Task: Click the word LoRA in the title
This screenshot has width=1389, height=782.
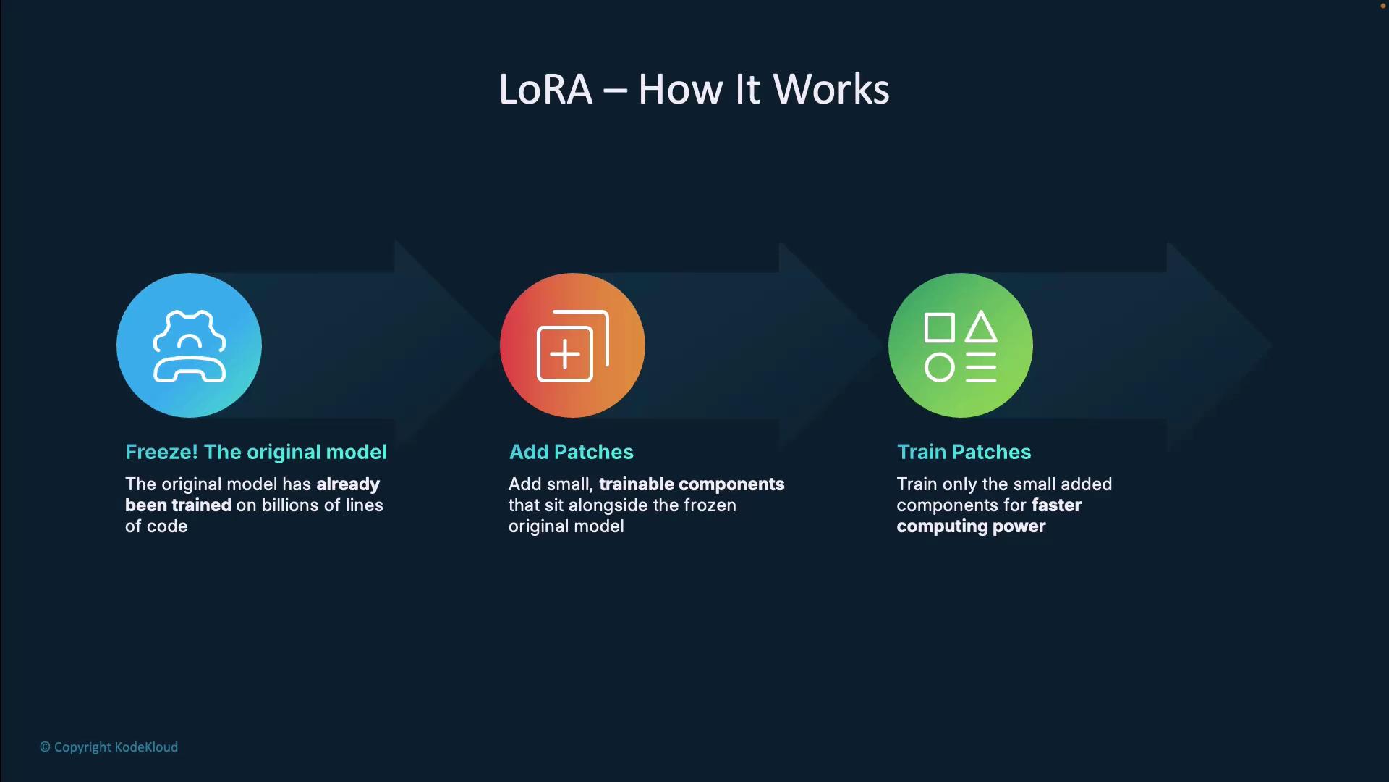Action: tap(545, 90)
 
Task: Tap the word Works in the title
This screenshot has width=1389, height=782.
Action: tap(831, 90)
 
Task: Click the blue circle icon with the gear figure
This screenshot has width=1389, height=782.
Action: tap(189, 345)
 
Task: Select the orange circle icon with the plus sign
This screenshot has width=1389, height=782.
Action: tap(572, 345)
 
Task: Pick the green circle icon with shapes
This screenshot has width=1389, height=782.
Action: tap(960, 345)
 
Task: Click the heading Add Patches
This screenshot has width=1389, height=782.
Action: tap(571, 452)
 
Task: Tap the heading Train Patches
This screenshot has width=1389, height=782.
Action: tap(964, 452)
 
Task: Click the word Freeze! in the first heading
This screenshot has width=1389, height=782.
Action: tap(161, 452)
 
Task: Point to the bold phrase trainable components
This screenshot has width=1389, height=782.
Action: tap(691, 484)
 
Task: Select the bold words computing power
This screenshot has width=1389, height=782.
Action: tap(971, 526)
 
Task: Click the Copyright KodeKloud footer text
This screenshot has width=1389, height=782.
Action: tap(109, 747)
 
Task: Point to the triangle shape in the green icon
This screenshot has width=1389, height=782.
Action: tap(981, 327)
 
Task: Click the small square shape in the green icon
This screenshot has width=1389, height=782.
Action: tap(939, 328)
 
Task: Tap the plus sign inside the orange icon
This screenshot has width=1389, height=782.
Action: tap(564, 355)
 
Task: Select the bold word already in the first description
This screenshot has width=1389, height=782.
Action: tap(348, 484)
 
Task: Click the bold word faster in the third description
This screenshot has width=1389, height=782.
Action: tap(1056, 505)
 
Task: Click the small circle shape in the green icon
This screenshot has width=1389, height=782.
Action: tap(939, 368)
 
